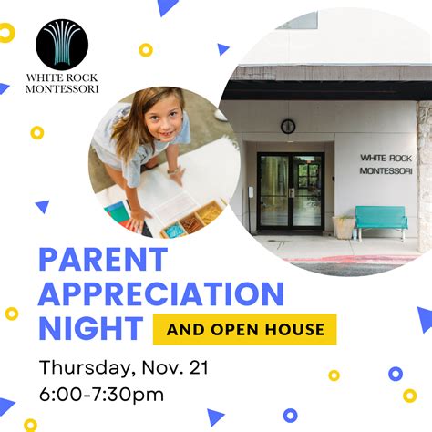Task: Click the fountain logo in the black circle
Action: (x=63, y=45)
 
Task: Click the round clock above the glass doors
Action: (x=288, y=126)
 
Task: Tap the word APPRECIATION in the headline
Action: (x=160, y=294)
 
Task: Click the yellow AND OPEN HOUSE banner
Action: (x=243, y=328)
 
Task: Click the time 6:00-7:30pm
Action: (x=101, y=395)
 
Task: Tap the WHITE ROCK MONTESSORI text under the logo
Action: (x=63, y=83)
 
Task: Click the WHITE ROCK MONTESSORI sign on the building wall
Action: (x=386, y=164)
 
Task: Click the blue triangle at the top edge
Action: (x=166, y=7)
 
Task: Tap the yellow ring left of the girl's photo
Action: (x=37, y=132)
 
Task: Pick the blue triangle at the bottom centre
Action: (x=215, y=417)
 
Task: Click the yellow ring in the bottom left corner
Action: (x=30, y=425)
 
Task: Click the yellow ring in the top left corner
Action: (x=6, y=34)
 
